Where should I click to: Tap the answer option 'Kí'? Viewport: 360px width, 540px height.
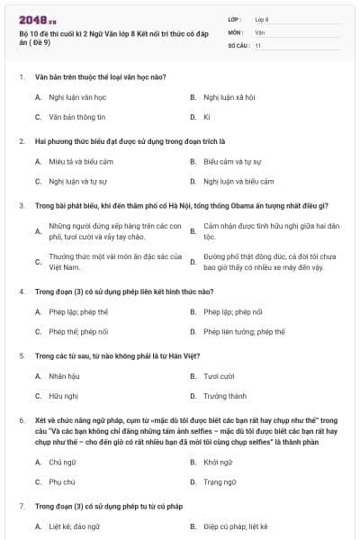(x=206, y=117)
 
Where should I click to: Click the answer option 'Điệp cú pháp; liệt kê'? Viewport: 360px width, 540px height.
(x=236, y=526)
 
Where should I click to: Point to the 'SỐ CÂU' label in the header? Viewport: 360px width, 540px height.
(x=238, y=44)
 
